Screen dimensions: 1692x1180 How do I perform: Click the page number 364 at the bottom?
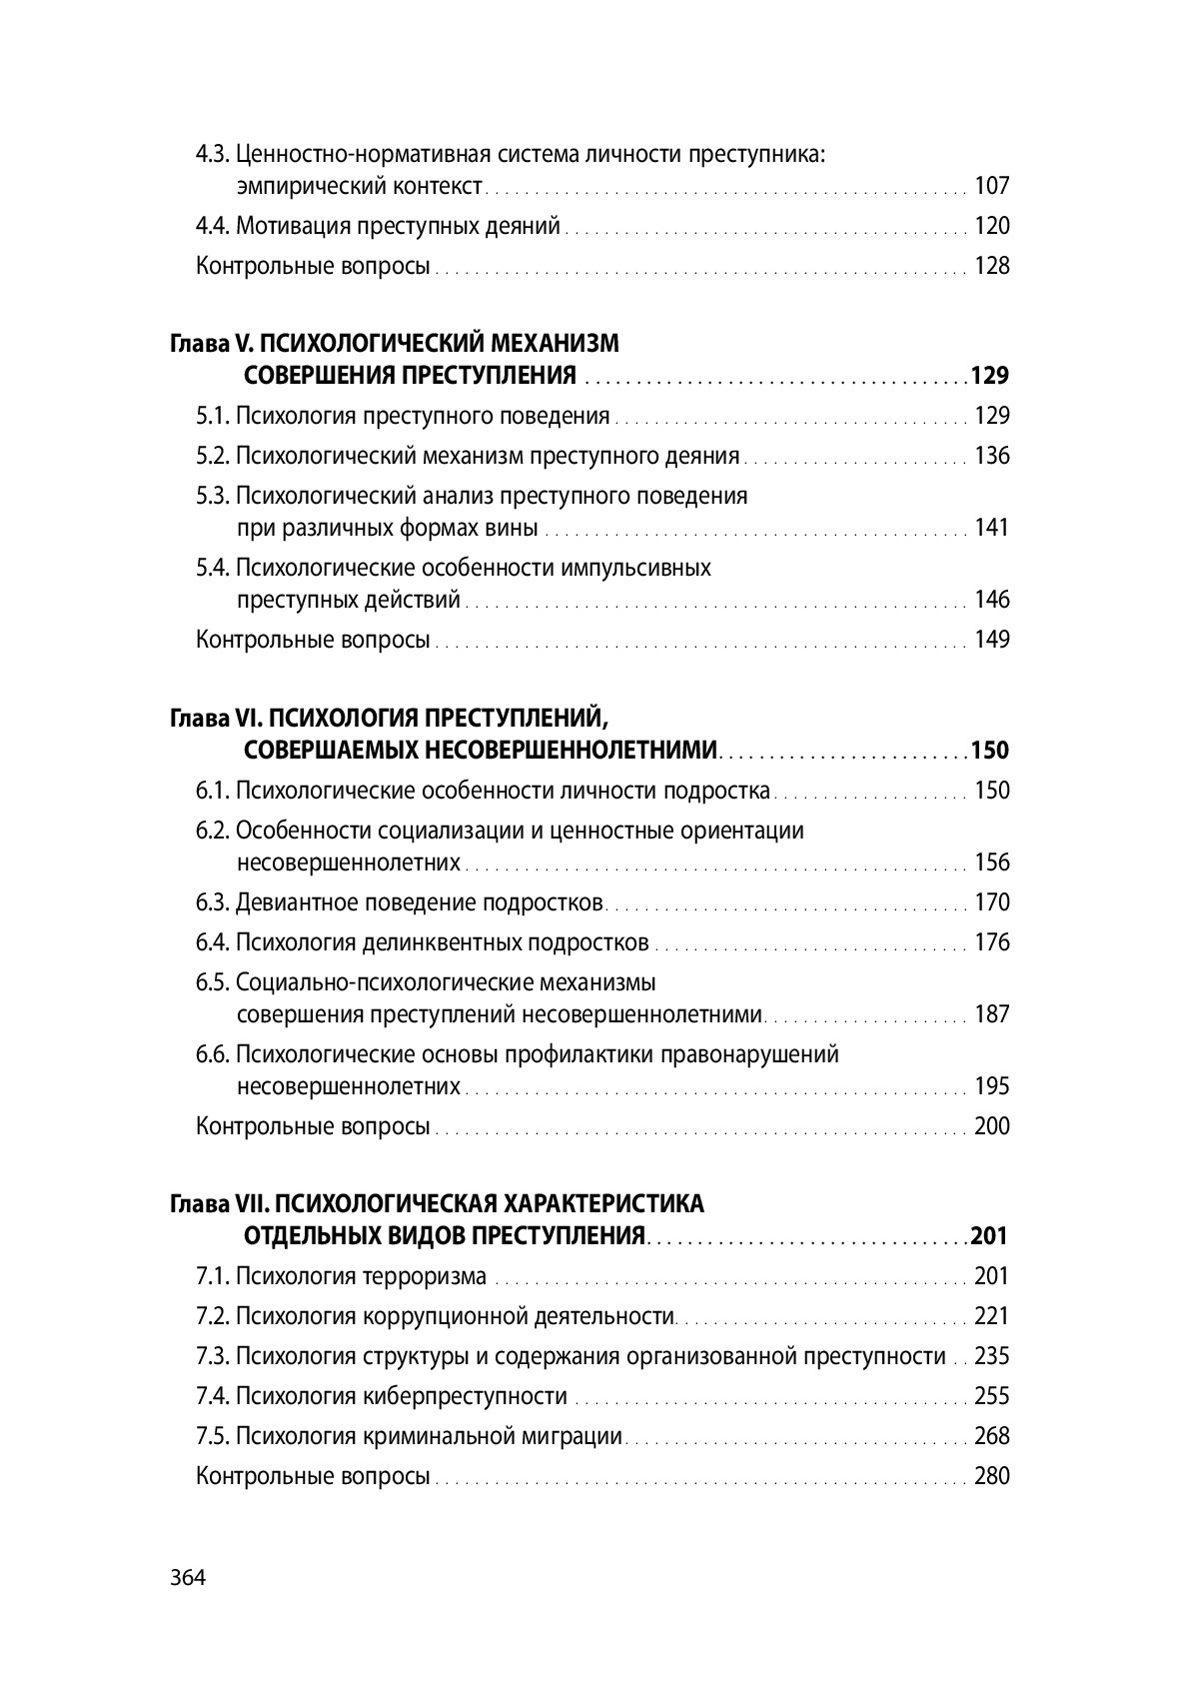[x=187, y=1579]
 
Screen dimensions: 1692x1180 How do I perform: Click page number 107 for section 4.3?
[x=992, y=186]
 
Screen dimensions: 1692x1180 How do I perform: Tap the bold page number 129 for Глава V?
[x=990, y=376]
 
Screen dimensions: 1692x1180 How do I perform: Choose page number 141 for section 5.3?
[x=992, y=528]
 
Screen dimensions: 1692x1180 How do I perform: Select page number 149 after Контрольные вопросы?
[x=992, y=640]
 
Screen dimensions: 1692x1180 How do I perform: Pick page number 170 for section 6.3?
[x=992, y=902]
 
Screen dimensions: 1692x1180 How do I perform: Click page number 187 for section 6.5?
[x=992, y=1014]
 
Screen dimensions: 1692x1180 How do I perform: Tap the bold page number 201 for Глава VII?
[x=989, y=1236]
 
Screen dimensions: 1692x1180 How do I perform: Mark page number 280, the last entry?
[x=992, y=1476]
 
